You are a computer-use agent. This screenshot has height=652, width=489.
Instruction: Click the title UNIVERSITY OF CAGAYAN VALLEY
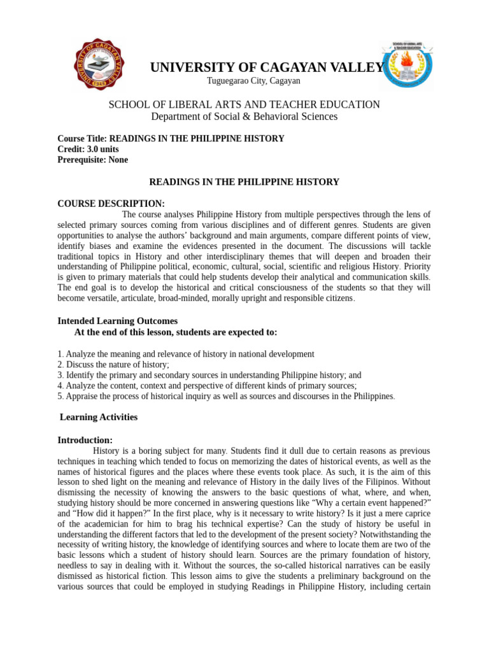pos(267,68)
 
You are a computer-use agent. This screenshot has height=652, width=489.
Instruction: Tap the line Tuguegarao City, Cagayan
pos(253,81)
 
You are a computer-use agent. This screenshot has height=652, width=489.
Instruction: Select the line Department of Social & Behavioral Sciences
pos(244,117)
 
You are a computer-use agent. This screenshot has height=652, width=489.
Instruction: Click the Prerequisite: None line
pos(92,160)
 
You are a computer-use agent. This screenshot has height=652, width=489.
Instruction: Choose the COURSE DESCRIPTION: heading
pos(111,204)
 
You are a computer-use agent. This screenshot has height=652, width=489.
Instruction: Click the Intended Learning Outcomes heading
pos(117,321)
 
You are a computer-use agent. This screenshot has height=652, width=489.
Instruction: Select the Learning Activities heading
pos(98,417)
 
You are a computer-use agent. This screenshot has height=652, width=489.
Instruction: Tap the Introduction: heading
pos(85,440)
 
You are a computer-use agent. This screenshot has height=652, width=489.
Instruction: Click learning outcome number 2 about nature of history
pos(113,365)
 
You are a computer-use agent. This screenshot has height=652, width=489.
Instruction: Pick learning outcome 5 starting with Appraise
pos(226,396)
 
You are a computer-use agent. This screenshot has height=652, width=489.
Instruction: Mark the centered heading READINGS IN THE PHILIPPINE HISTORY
pos(244,182)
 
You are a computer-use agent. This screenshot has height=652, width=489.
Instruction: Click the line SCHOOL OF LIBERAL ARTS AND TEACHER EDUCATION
pos(244,104)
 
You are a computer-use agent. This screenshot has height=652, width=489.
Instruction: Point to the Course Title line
pos(171,138)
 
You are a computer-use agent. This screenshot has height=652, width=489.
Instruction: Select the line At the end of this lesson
pos(176,332)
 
